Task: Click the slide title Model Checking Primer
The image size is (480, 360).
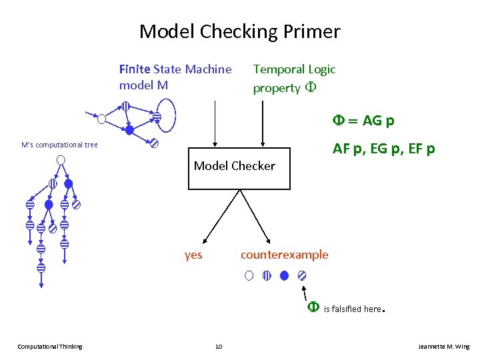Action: click(x=239, y=31)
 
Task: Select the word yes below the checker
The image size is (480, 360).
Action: click(x=193, y=254)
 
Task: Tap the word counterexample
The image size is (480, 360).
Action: click(x=284, y=254)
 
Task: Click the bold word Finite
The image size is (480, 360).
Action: click(x=135, y=69)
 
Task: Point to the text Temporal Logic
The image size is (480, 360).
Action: click(x=294, y=69)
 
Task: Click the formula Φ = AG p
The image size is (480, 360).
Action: click(x=364, y=121)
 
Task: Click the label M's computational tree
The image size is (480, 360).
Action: click(x=59, y=145)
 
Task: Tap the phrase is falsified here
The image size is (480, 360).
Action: click(x=353, y=309)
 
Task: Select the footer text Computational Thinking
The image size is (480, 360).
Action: click(x=50, y=346)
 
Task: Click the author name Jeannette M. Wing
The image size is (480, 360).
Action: click(x=443, y=346)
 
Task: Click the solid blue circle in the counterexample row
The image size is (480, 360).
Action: click(x=285, y=275)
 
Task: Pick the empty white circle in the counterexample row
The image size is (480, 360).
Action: click(x=249, y=275)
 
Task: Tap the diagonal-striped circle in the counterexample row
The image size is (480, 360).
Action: click(x=302, y=275)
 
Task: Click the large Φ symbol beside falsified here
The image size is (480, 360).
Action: click(x=313, y=307)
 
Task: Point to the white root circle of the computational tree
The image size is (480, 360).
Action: click(x=61, y=159)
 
